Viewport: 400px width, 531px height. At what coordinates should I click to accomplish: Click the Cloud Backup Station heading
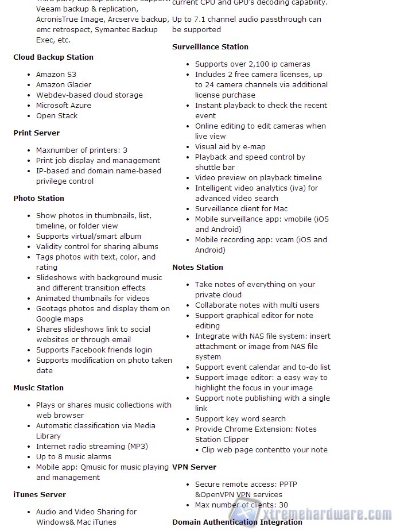53,57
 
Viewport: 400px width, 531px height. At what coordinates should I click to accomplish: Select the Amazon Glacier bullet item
64,84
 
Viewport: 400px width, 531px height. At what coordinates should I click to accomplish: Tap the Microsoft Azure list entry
64,105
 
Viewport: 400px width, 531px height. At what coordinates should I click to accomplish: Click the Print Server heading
37,133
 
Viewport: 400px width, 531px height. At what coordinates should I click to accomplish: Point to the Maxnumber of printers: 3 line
81,150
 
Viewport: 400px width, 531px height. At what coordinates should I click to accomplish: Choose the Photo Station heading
39,198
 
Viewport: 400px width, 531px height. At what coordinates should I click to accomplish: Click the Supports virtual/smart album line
88,236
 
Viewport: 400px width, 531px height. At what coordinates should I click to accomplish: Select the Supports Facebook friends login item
94,350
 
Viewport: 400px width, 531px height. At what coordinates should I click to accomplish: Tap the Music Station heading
38,387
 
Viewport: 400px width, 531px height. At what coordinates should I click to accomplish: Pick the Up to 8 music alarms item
73,456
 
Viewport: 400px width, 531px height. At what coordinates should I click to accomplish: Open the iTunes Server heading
40,494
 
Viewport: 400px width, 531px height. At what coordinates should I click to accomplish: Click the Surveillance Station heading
211,46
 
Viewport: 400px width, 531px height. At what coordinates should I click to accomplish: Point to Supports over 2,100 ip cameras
253,64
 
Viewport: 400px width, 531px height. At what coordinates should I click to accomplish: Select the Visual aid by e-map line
230,146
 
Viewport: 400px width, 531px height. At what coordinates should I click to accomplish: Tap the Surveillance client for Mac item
241,208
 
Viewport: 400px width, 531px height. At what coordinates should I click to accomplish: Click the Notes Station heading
198,267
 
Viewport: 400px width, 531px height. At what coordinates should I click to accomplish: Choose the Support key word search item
240,418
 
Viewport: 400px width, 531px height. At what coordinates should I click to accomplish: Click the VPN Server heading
195,467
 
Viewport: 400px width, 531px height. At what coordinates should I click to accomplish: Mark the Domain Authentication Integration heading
237,522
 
